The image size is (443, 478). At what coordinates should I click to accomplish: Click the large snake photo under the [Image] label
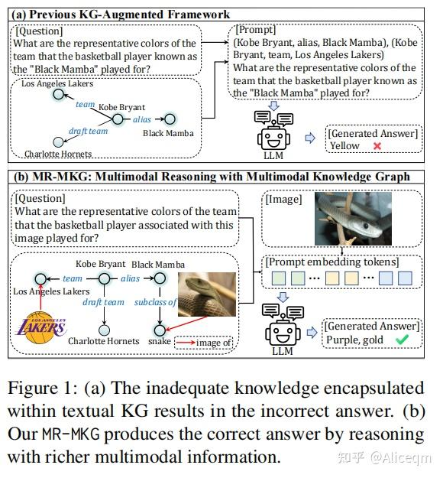[341, 219]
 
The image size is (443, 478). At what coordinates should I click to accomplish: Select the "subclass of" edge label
[156, 302]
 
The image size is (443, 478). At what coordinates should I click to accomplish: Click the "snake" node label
[160, 341]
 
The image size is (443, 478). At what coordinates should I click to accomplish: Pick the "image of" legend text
[215, 343]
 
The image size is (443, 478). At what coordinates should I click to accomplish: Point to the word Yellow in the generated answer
[344, 146]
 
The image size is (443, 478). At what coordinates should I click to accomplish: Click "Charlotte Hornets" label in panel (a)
[58, 154]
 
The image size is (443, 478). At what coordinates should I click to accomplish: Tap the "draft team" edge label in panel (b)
[103, 302]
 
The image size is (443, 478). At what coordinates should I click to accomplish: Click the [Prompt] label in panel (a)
[256, 30]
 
